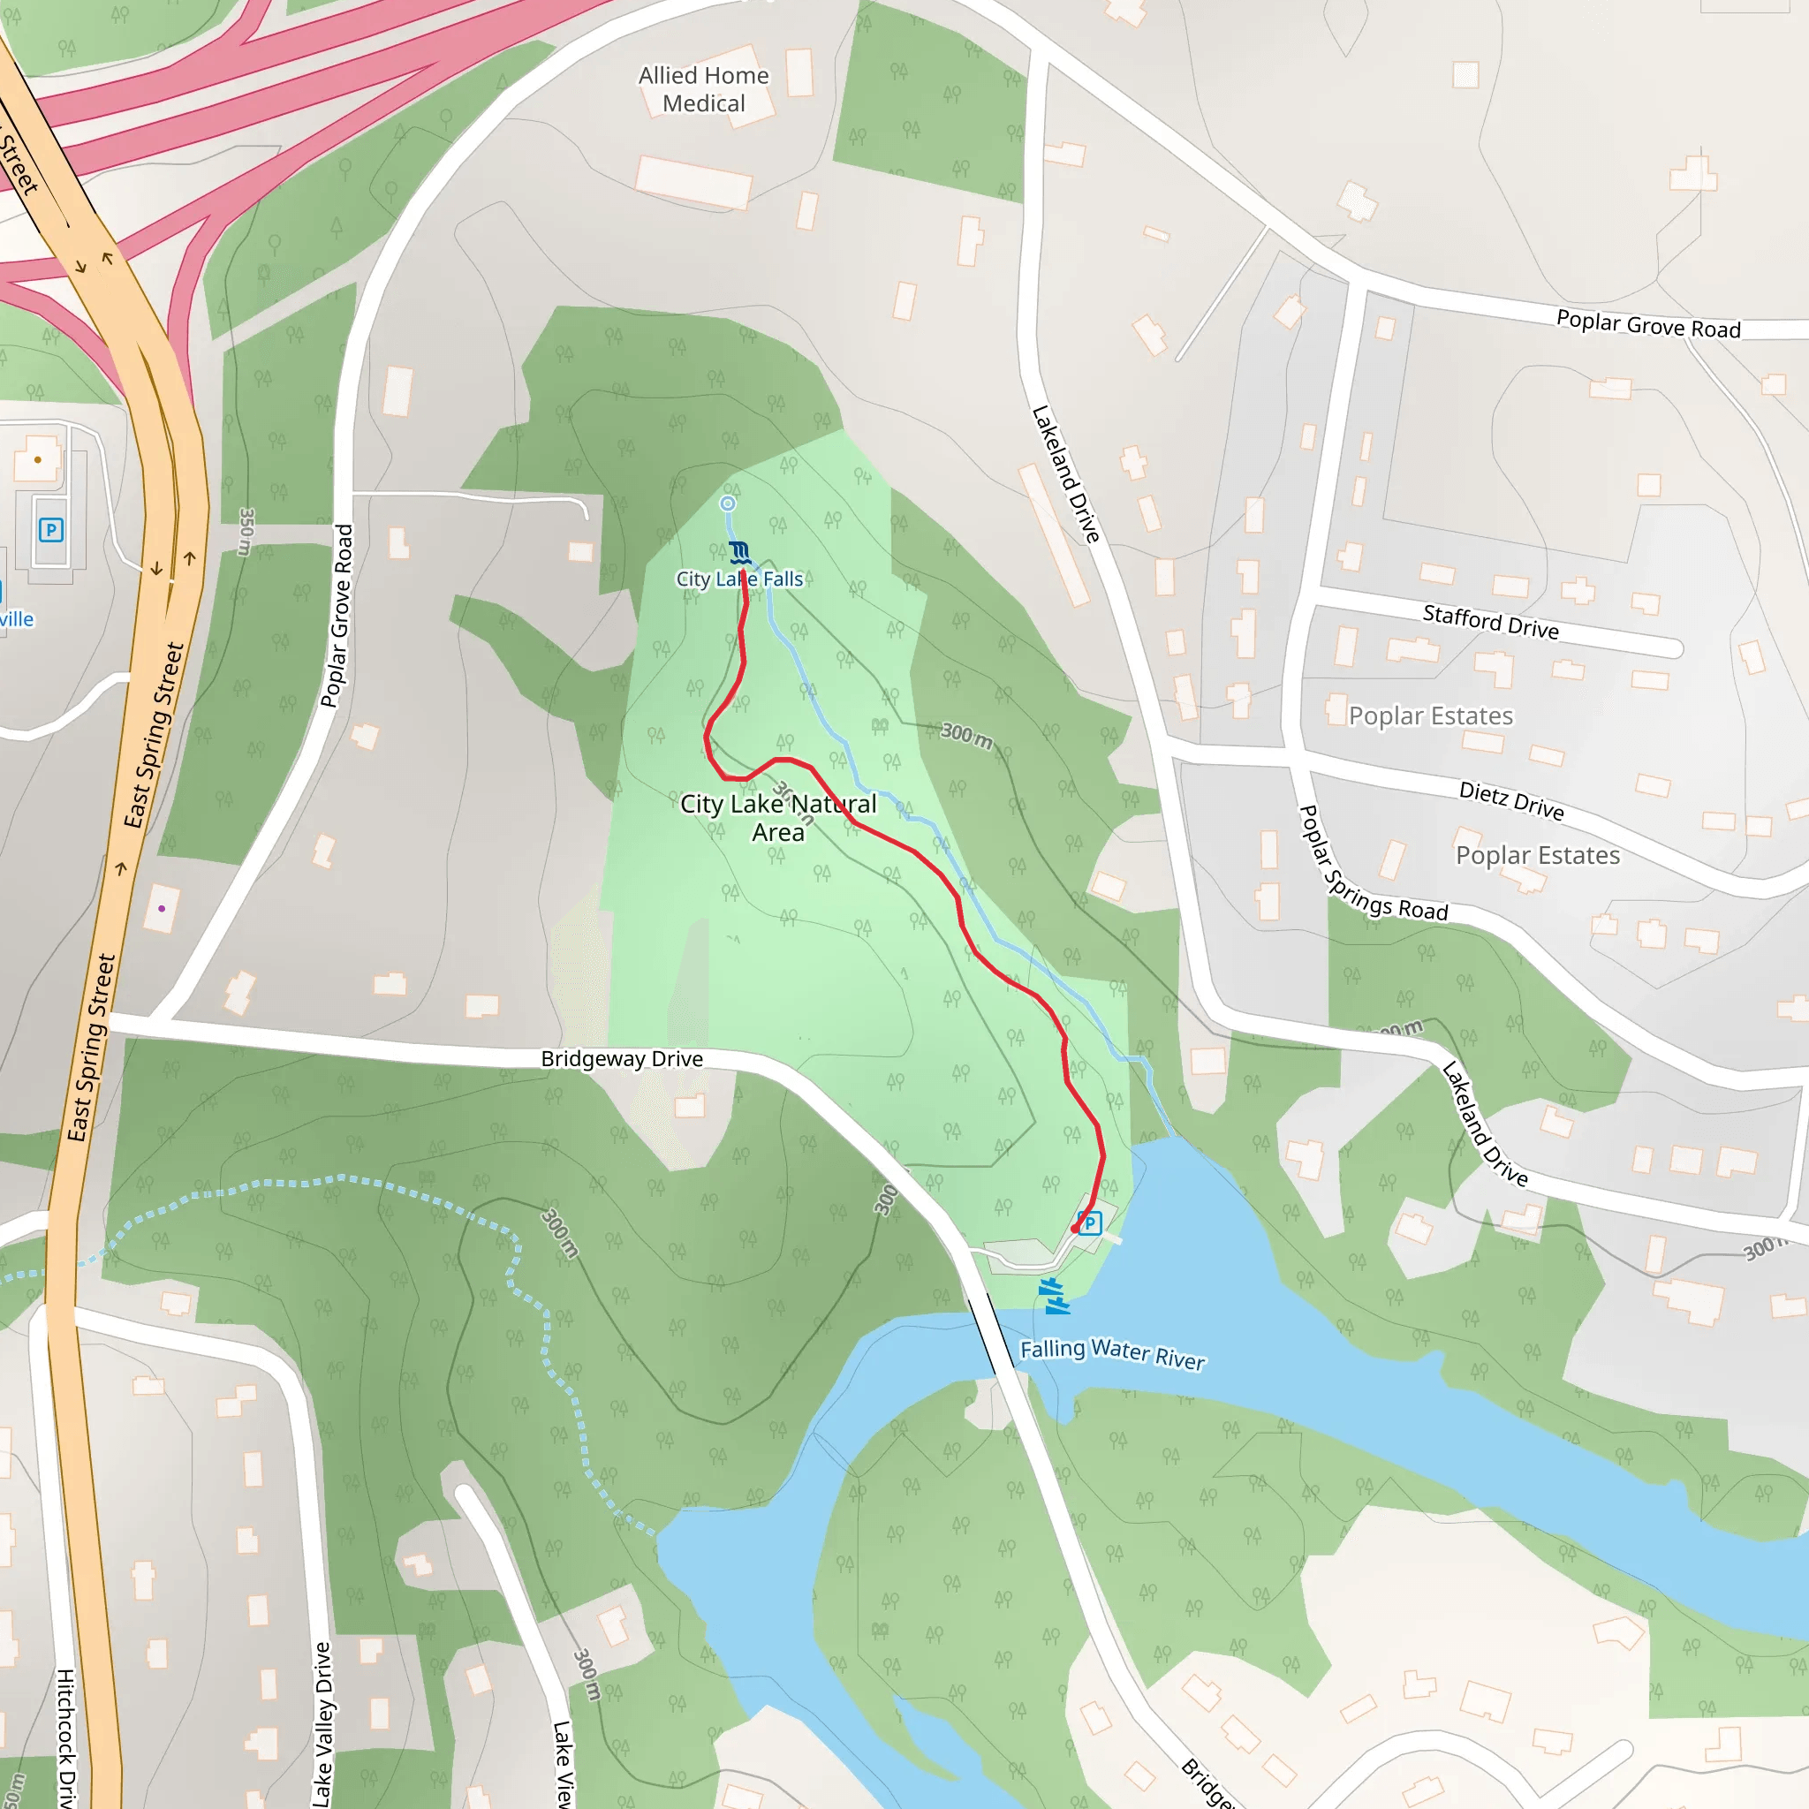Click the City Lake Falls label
[x=738, y=579]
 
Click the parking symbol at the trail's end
[x=1089, y=1222]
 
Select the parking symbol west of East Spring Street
[x=50, y=530]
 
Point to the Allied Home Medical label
[x=703, y=89]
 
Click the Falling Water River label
[x=1111, y=1354]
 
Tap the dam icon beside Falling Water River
[x=1055, y=1296]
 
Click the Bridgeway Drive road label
[x=622, y=1059]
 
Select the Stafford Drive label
[x=1490, y=622]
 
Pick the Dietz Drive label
[x=1510, y=800]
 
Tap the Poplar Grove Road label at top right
[x=1647, y=324]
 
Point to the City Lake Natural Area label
[x=778, y=817]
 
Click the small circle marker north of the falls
[x=728, y=503]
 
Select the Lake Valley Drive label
[x=322, y=1722]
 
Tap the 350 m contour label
[x=246, y=532]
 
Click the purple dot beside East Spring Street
[x=162, y=908]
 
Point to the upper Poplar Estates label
[x=1430, y=716]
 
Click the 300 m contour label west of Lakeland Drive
[x=966, y=735]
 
